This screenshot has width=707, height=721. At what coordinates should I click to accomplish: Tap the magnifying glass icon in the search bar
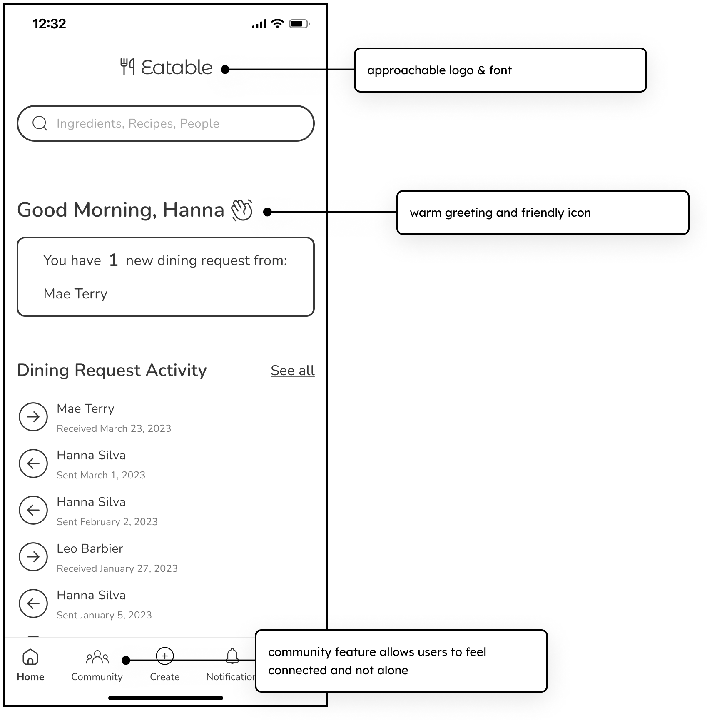click(x=40, y=123)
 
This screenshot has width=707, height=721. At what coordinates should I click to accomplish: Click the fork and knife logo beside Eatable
click(x=127, y=67)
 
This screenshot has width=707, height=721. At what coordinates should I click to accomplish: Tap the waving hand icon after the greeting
click(x=242, y=210)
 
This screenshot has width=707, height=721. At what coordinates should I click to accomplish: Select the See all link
click(x=292, y=371)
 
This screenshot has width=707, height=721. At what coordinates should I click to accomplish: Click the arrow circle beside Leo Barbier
click(x=33, y=557)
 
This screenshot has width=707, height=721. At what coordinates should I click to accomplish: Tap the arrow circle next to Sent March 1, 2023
click(x=33, y=463)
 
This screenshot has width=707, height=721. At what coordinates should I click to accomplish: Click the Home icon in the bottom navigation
click(x=30, y=657)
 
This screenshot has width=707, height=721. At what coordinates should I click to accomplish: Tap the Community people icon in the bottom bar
click(x=97, y=657)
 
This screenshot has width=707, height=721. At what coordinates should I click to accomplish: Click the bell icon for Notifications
click(x=232, y=656)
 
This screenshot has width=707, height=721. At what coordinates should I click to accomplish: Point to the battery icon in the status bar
click(x=299, y=24)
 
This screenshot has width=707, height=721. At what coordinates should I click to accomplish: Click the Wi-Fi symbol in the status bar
click(x=277, y=23)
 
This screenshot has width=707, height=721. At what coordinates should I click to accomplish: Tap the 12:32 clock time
click(x=49, y=24)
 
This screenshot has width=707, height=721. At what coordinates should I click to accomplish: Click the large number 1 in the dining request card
click(x=113, y=260)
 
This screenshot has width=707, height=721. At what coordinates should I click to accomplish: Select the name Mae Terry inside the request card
click(x=75, y=294)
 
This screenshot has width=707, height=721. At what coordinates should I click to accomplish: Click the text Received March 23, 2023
click(x=114, y=428)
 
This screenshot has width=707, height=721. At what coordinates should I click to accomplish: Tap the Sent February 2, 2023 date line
click(x=107, y=522)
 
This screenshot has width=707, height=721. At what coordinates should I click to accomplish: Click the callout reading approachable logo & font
click(x=500, y=70)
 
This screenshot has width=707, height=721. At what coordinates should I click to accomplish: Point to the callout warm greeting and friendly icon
click(x=542, y=213)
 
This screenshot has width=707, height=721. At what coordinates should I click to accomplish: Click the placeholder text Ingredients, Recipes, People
click(x=138, y=123)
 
